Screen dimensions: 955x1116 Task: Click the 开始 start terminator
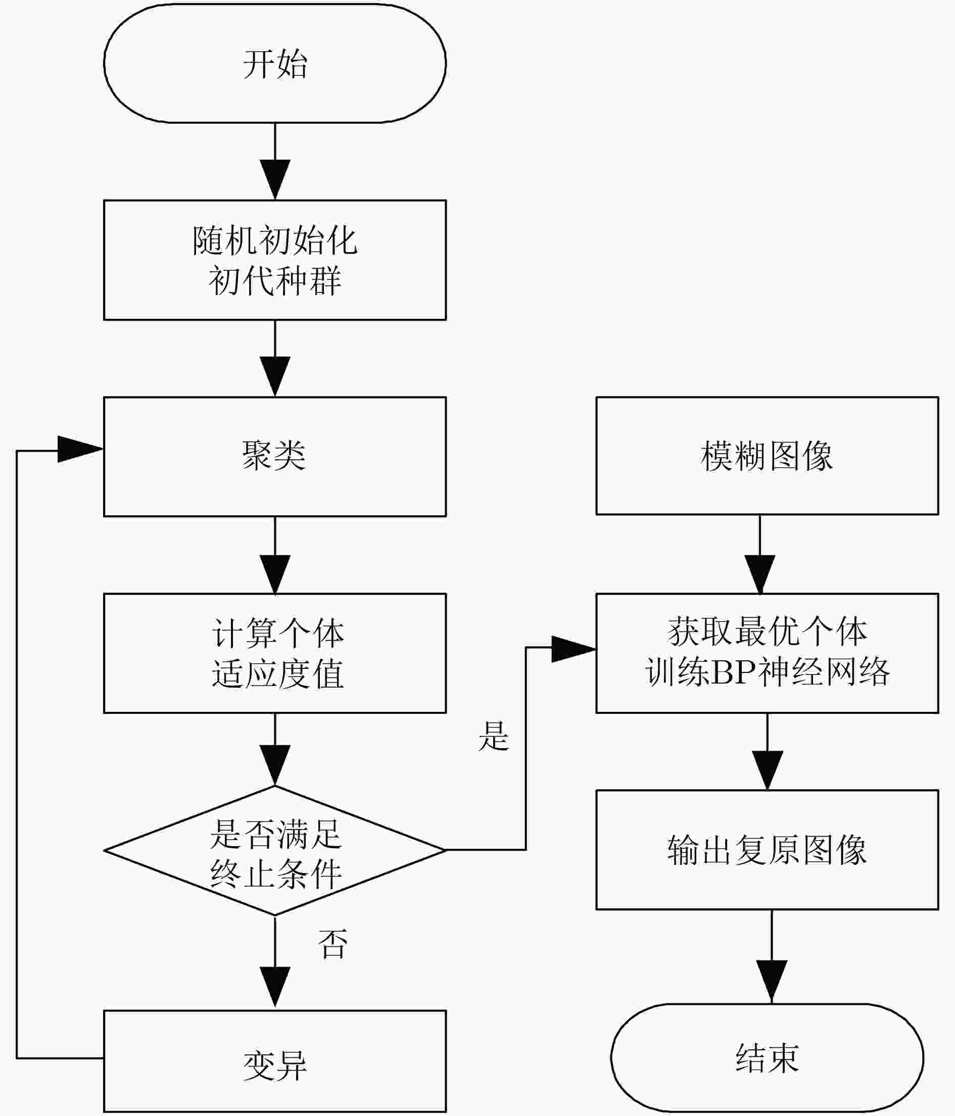pyautogui.click(x=275, y=63)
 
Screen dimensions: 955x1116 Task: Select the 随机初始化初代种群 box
pyautogui.click(x=275, y=260)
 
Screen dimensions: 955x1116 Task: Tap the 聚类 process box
pyautogui.click(x=275, y=457)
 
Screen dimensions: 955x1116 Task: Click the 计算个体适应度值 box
pyautogui.click(x=275, y=653)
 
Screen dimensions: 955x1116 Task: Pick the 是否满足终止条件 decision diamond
pyautogui.click(x=275, y=850)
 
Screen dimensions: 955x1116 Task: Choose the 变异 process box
pyautogui.click(x=275, y=1061)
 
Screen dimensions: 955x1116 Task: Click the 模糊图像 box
pyautogui.click(x=767, y=456)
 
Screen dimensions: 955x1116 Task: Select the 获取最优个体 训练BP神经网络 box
pyautogui.click(x=767, y=653)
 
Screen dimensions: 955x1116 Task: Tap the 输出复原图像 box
pyautogui.click(x=767, y=850)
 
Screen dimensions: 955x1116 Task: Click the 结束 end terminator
pyautogui.click(x=767, y=1058)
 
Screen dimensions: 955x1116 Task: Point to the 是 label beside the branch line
pyautogui.click(x=493, y=736)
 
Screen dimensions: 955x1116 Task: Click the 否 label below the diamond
pyautogui.click(x=333, y=944)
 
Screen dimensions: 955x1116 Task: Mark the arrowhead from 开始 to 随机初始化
pyautogui.click(x=275, y=179)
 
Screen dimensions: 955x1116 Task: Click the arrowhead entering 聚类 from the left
pyautogui.click(x=80, y=449)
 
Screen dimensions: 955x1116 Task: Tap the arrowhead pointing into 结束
pyautogui.click(x=772, y=983)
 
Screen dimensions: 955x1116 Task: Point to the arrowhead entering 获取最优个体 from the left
pyautogui.click(x=574, y=649)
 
